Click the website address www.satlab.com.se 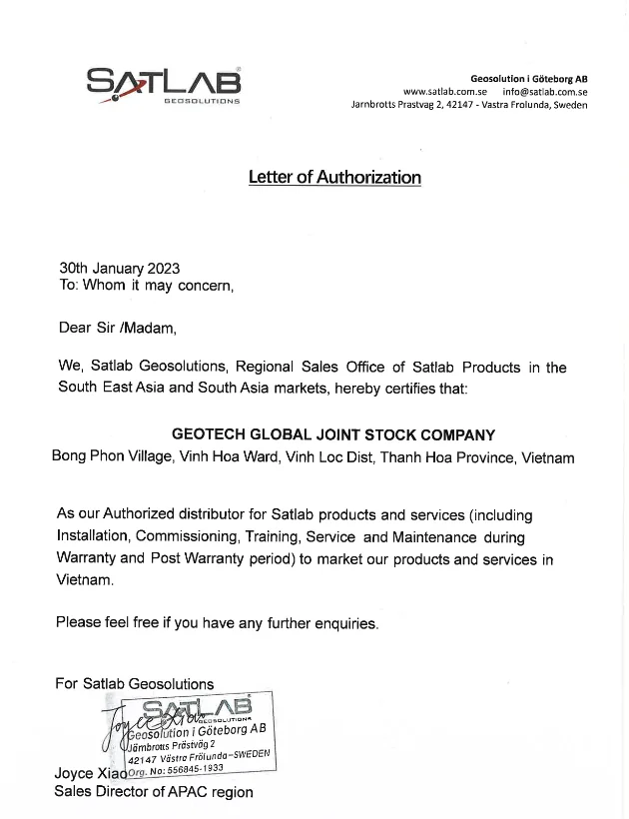click(444, 92)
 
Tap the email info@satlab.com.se click(545, 92)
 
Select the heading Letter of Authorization click(334, 178)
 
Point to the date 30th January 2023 click(119, 268)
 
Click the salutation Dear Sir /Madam click(117, 327)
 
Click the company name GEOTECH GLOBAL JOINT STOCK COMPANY click(333, 434)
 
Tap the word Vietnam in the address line click(546, 457)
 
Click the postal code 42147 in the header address click(458, 105)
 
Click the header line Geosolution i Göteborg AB click(528, 78)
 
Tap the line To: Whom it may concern click(146, 285)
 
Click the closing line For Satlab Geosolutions click(134, 684)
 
